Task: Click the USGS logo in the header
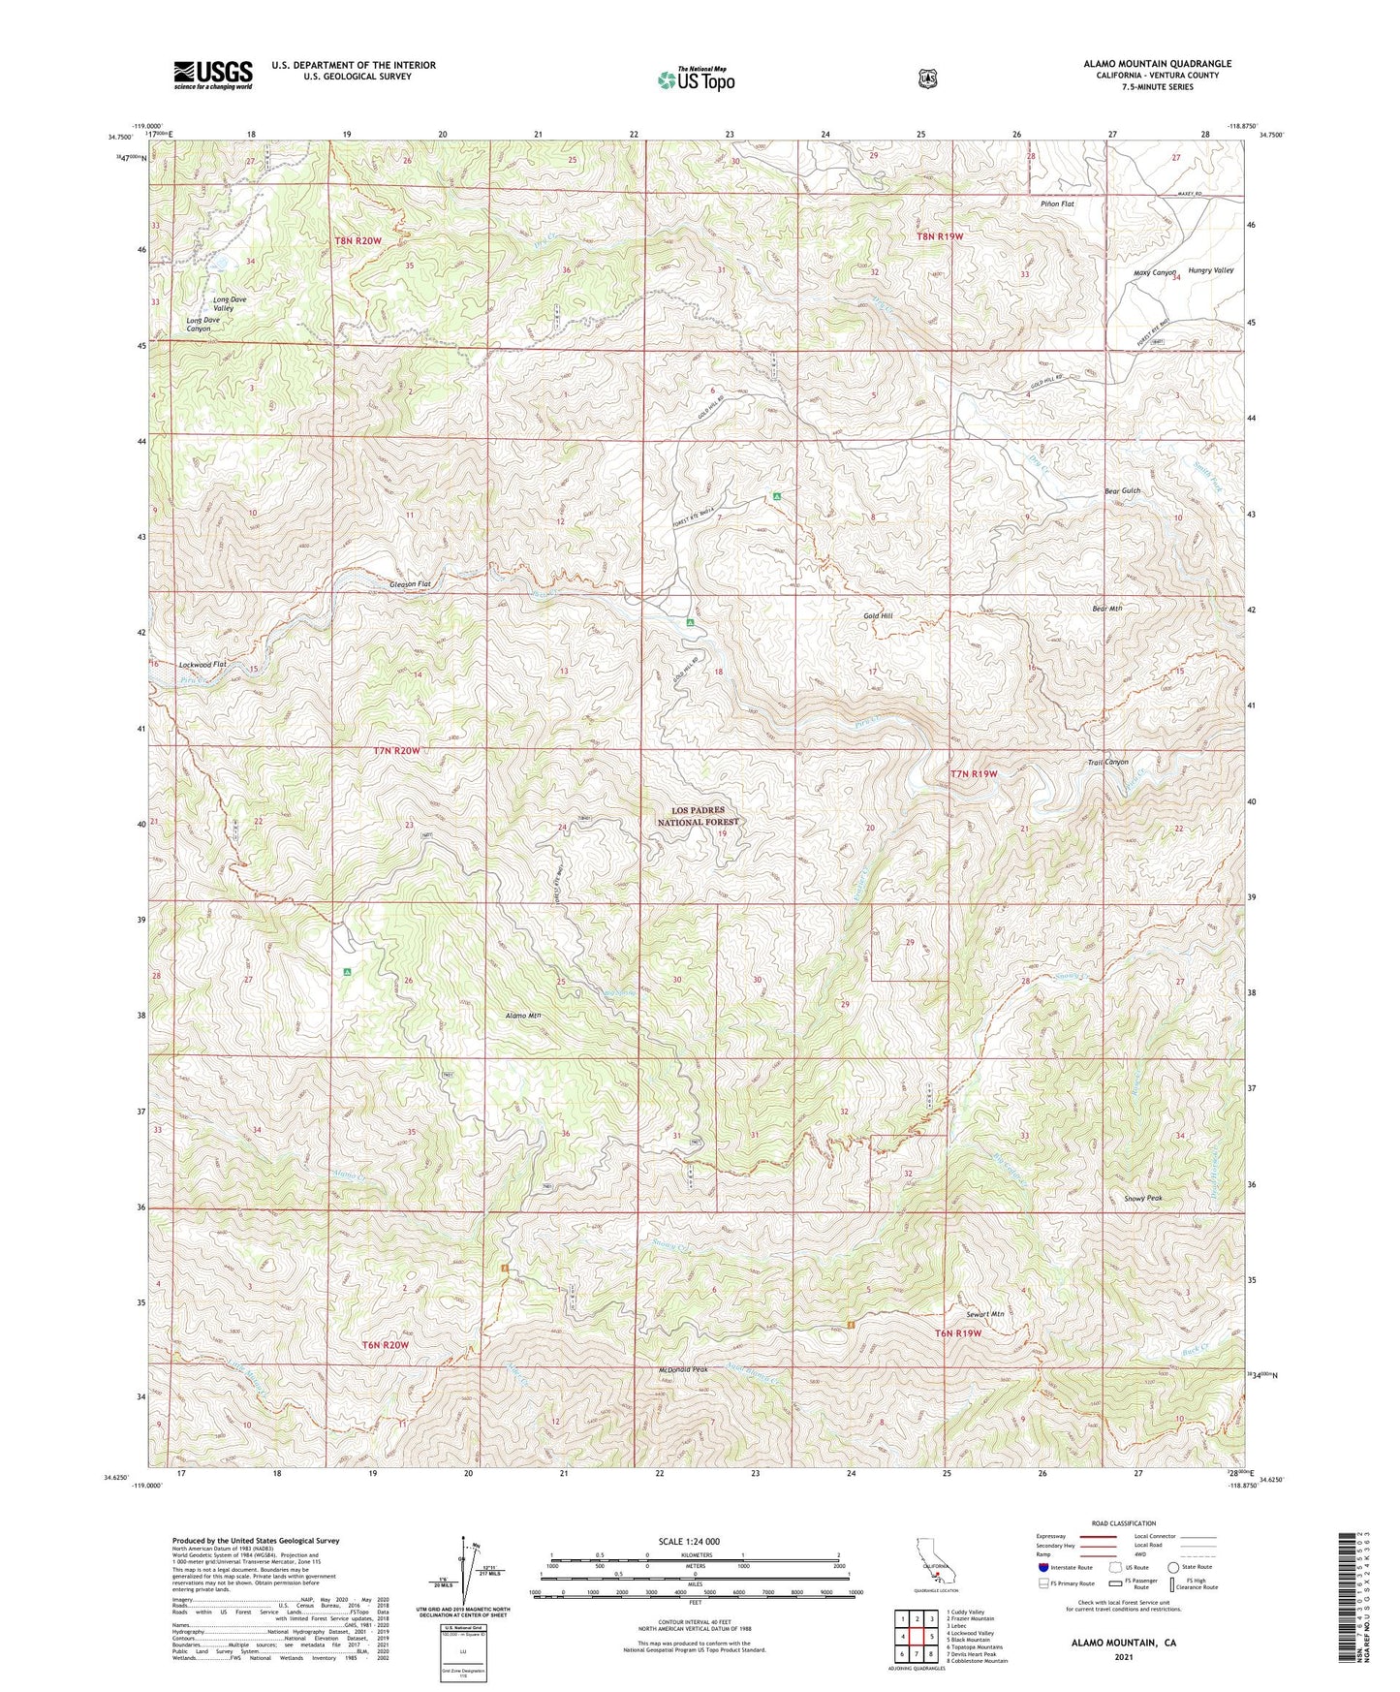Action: point(213,74)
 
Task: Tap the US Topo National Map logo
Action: point(696,79)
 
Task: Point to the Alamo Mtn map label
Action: point(523,1016)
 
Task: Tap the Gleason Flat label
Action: point(410,585)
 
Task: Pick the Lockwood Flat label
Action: point(202,665)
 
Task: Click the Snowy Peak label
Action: point(1142,1198)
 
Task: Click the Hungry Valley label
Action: point(1210,270)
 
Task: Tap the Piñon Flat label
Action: point(1055,204)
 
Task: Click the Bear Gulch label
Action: point(1122,491)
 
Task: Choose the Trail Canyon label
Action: point(1107,763)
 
